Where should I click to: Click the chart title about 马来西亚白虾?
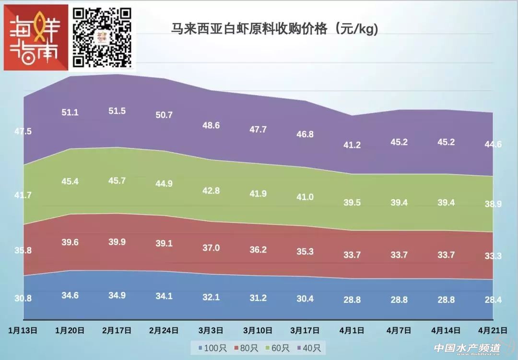coord(275,29)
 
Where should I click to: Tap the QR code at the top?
coord(102,37)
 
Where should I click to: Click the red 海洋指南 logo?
coord(36,37)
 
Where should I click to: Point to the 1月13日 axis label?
coord(24,330)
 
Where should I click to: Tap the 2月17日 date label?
coord(118,330)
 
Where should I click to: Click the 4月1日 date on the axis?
coord(352,330)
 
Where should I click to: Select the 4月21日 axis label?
coord(493,330)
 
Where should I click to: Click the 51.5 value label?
coord(117,111)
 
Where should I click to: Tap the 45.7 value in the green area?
coord(117,181)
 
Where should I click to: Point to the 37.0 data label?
coord(211,248)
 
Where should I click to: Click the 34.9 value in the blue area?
coord(117,296)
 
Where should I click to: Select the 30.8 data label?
coord(23,298)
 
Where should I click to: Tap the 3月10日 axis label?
coord(258,330)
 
